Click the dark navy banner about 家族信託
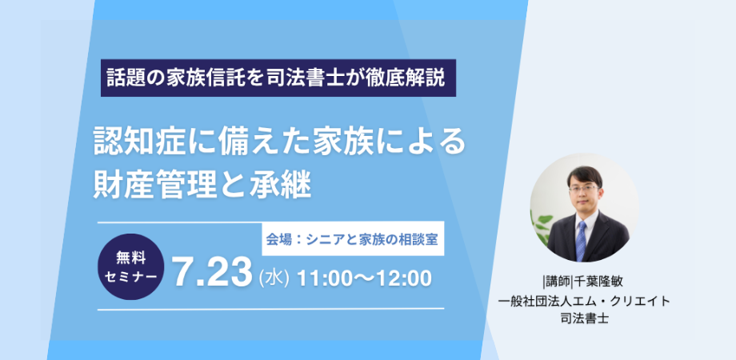click(278, 78)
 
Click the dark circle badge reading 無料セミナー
click(131, 266)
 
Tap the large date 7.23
click(212, 273)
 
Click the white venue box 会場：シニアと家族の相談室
click(353, 239)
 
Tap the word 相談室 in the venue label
click(421, 239)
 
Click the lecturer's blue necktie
click(581, 240)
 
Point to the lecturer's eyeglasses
click(583, 189)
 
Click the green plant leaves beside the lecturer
click(541, 225)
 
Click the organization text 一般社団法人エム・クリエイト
click(584, 301)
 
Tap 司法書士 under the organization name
click(584, 318)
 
